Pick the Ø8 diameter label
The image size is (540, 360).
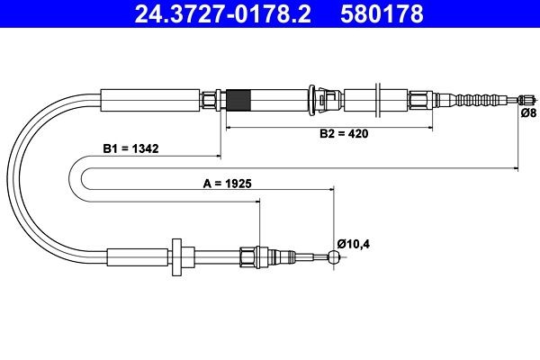pyautogui.click(x=529, y=113)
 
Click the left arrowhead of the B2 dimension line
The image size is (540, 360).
pyautogui.click(x=228, y=127)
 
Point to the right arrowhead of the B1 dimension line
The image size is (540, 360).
pyautogui.click(x=515, y=167)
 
